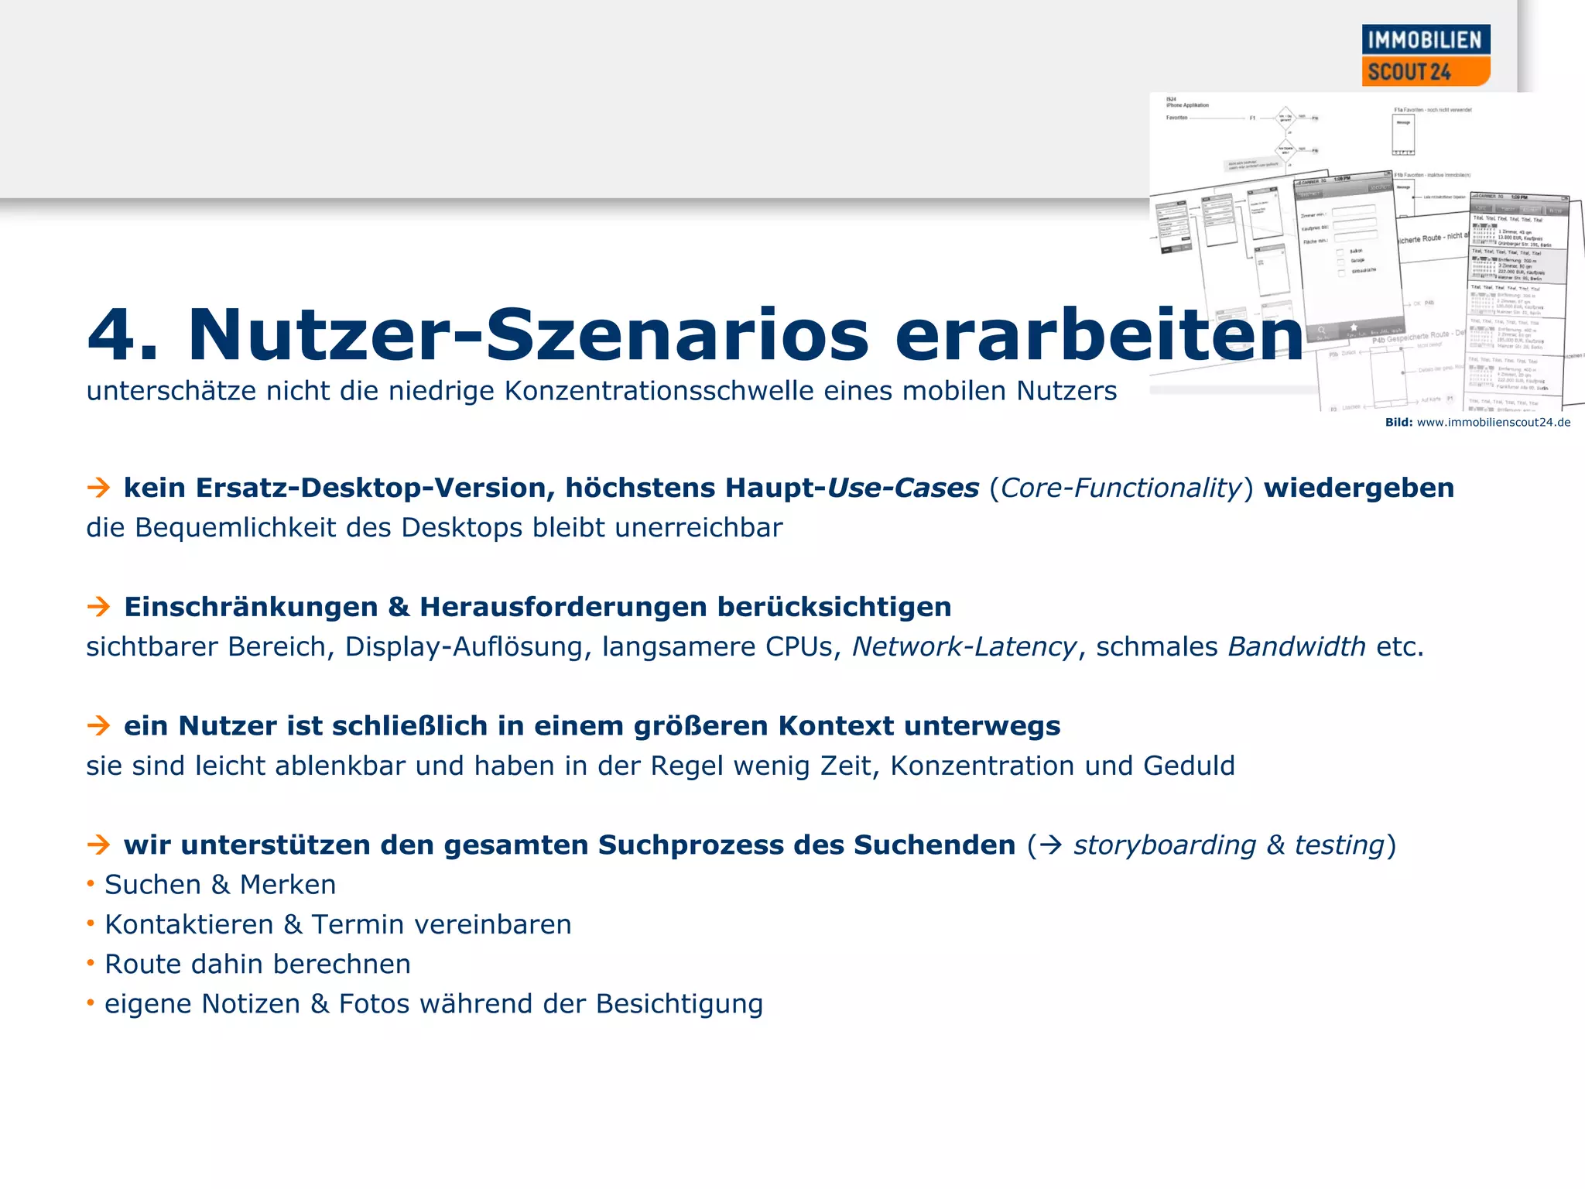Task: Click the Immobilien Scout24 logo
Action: [x=1425, y=56]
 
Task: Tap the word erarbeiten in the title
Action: [x=1099, y=335]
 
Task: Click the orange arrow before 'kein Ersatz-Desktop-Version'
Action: [x=98, y=488]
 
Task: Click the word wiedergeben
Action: [x=1358, y=488]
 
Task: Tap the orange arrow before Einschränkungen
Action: [x=98, y=607]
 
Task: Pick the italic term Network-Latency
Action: [x=964, y=646]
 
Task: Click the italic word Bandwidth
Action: [x=1296, y=646]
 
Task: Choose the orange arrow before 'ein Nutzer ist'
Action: [x=98, y=726]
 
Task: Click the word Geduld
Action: [x=1189, y=766]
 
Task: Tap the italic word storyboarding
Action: [x=1164, y=845]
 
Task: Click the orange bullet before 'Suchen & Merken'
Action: [x=91, y=883]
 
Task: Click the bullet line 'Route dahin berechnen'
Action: [x=257, y=965]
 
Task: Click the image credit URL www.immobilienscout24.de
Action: [x=1493, y=423]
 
